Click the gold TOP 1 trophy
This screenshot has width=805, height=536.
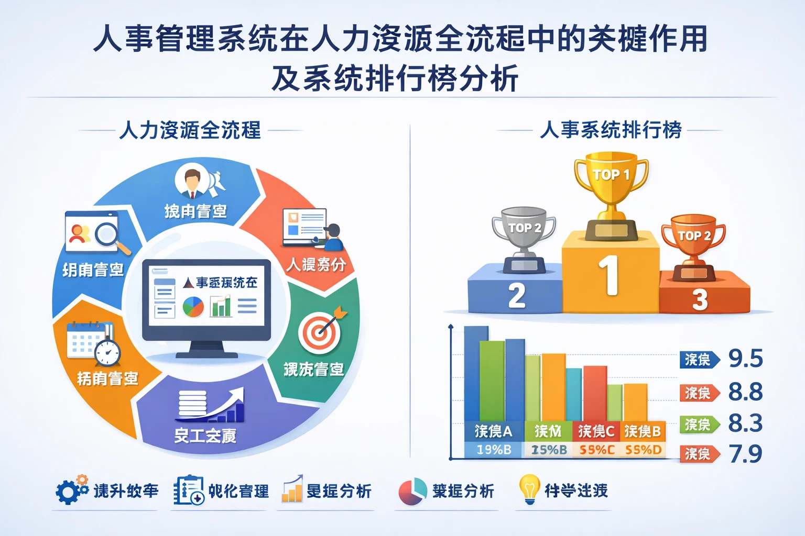point(611,194)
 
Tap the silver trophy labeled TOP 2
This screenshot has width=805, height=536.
point(524,238)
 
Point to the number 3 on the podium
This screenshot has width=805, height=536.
point(700,300)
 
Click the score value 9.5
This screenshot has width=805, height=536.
point(745,359)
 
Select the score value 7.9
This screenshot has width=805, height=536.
point(745,454)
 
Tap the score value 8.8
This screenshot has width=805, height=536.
point(745,392)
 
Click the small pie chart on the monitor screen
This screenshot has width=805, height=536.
point(193,307)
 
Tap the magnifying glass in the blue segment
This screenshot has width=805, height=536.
point(108,235)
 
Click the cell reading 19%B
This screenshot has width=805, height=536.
point(493,450)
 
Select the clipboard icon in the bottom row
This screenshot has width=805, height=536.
point(188,490)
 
